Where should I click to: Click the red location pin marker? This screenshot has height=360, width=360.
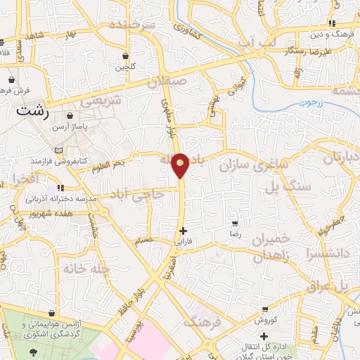point(181,165)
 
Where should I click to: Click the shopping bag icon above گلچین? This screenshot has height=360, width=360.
point(125,56)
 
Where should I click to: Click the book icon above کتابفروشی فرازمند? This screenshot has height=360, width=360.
point(58,150)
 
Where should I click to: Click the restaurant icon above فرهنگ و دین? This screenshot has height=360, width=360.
point(323,23)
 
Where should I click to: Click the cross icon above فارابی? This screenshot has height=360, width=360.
point(183,231)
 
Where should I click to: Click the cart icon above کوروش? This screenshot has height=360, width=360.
point(264,309)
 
